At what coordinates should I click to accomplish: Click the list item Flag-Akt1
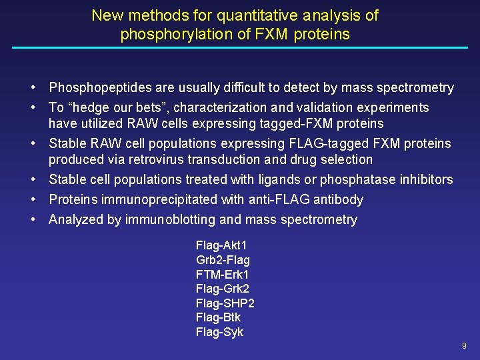pyautogui.click(x=221, y=245)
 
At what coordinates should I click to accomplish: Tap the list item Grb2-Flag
pyautogui.click(x=223, y=260)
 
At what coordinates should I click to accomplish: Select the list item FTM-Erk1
pyautogui.click(x=222, y=274)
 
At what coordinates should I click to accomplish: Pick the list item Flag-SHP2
pyautogui.click(x=225, y=303)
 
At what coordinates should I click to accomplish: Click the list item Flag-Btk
pyautogui.click(x=218, y=317)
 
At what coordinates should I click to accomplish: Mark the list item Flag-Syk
pyautogui.click(x=219, y=332)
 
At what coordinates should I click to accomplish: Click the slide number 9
pyautogui.click(x=464, y=346)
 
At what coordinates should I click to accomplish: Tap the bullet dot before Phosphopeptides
pyautogui.click(x=32, y=87)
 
